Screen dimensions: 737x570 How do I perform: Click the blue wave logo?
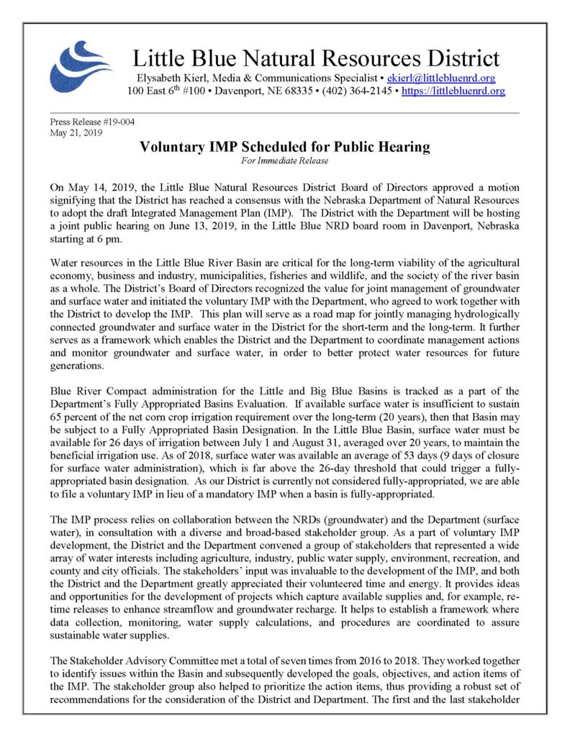click(71, 65)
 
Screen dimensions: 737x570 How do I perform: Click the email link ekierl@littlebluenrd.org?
click(440, 78)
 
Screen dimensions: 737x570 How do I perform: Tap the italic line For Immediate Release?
click(285, 160)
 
